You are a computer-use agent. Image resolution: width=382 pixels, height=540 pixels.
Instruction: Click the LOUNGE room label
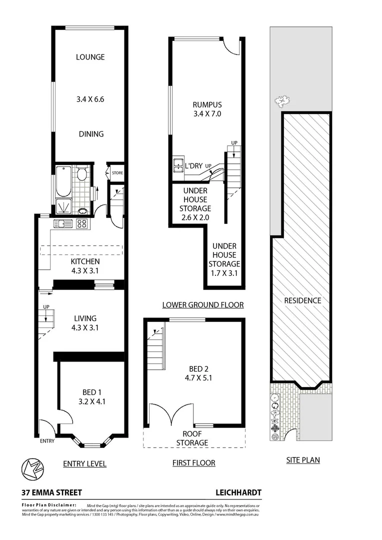(x=90, y=57)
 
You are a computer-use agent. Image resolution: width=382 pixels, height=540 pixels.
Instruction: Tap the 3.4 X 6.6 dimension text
(x=90, y=99)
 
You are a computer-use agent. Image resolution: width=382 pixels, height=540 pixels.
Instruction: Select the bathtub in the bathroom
(x=63, y=180)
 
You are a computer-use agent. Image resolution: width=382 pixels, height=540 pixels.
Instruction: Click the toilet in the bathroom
(x=82, y=174)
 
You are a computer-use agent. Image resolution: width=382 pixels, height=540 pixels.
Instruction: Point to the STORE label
(x=117, y=173)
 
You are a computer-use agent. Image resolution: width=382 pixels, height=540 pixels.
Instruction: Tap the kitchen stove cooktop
(x=82, y=223)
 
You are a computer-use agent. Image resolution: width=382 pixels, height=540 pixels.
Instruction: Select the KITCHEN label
(x=85, y=261)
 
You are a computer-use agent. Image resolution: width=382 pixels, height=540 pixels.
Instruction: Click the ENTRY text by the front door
(x=47, y=441)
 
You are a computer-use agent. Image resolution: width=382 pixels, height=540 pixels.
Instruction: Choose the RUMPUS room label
(x=207, y=104)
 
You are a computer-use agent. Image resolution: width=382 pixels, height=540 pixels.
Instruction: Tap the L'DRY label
(x=192, y=165)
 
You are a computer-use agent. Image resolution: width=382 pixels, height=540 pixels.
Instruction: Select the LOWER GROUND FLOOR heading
(x=203, y=304)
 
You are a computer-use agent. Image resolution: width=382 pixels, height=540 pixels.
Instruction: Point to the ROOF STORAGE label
(x=191, y=438)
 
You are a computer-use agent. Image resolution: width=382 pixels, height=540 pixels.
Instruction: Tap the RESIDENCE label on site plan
(x=302, y=300)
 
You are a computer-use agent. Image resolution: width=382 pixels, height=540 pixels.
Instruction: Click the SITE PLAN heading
(x=302, y=460)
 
